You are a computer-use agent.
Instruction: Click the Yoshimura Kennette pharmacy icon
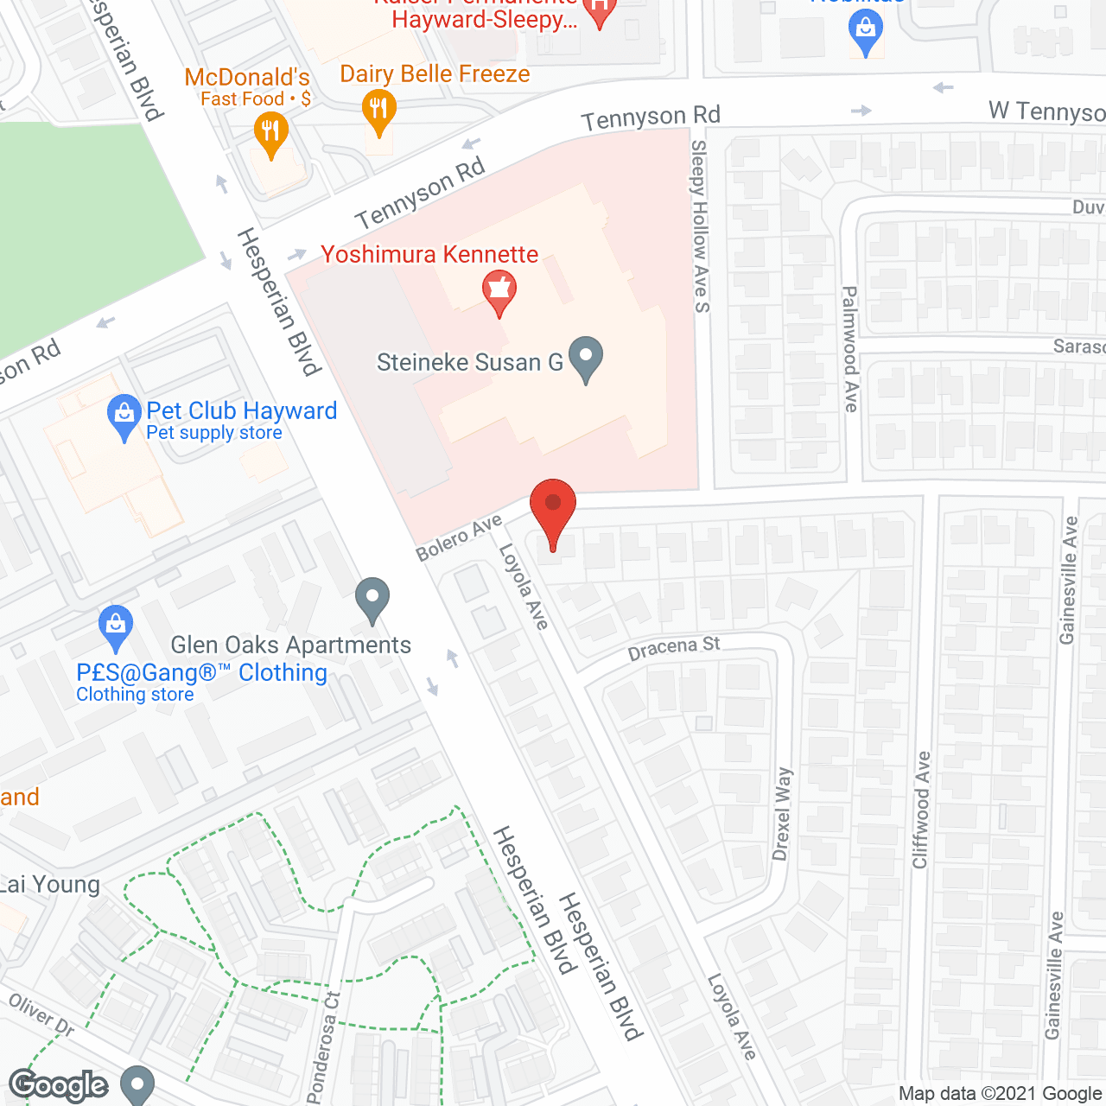point(499,291)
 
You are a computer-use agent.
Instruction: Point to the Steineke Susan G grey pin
point(587,358)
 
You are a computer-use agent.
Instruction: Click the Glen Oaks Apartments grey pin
point(372,599)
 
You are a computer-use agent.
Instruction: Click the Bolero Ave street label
point(459,538)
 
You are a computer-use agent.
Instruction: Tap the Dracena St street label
point(674,648)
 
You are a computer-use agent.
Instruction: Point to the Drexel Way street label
point(782,814)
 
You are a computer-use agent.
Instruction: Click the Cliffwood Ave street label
point(921,810)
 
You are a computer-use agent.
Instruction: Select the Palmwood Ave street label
point(851,349)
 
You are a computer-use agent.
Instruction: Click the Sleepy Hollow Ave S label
point(700,226)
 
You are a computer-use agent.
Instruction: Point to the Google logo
point(59,1085)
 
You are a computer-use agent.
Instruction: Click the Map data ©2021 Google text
point(1000,1094)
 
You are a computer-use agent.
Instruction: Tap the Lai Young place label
point(50,884)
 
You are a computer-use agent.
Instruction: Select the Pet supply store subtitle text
point(214,433)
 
